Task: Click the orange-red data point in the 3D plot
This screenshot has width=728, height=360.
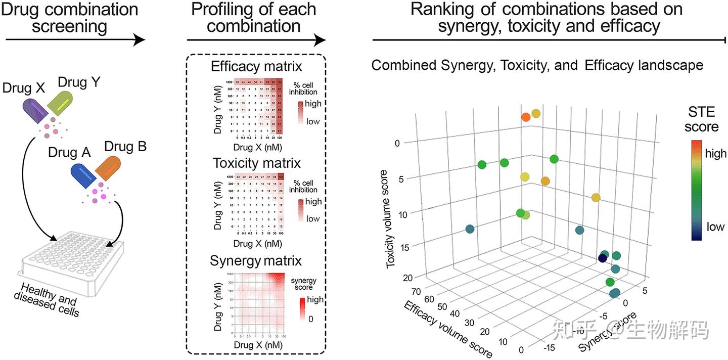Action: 526,117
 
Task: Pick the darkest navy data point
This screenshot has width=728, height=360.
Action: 602,258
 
